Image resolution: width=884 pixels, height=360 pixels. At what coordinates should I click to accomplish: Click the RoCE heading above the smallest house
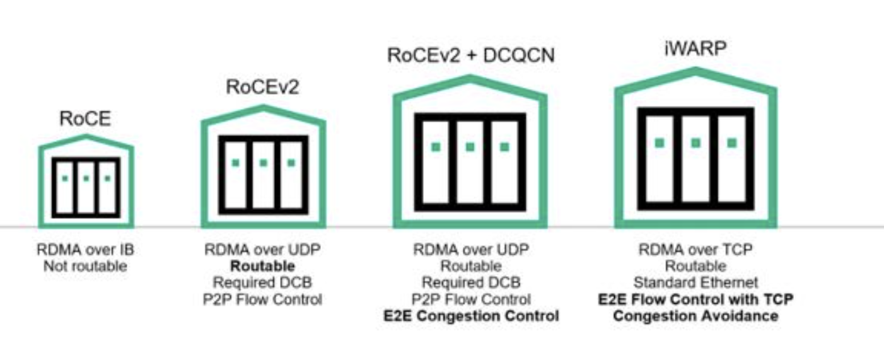(x=85, y=119)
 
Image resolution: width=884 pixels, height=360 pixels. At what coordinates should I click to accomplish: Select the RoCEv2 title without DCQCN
(x=263, y=88)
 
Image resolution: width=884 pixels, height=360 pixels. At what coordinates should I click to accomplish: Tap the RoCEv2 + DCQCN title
(x=470, y=55)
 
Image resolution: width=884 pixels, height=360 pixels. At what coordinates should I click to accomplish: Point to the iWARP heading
(x=695, y=49)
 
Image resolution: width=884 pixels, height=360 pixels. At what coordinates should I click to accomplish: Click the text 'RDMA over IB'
(x=85, y=250)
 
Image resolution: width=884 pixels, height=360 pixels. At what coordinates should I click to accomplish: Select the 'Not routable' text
(x=85, y=266)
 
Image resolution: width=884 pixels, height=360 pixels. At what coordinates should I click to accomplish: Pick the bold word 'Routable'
(x=263, y=266)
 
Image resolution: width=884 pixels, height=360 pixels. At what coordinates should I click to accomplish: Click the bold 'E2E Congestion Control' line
(x=471, y=315)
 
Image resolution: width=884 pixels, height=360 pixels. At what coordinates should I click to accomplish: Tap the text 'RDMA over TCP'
(x=695, y=250)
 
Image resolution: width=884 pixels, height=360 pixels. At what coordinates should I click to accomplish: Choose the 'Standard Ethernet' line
(x=695, y=282)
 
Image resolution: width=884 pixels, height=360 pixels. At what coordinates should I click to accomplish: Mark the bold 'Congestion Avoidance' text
(x=695, y=315)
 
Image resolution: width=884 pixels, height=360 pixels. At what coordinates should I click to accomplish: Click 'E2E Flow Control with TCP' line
(x=695, y=299)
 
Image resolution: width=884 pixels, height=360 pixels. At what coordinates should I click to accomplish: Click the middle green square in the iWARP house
(x=695, y=143)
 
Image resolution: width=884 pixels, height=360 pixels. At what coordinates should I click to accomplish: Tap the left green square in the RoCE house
(x=65, y=178)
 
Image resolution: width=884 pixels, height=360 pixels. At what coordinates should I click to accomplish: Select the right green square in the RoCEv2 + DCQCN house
(x=504, y=147)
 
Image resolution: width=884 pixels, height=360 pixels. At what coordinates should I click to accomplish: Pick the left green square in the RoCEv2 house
(x=235, y=163)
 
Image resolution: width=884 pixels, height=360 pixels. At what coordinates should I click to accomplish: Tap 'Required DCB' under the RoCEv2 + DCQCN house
(x=471, y=282)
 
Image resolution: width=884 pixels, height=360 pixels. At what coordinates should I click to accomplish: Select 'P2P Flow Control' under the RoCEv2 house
(x=263, y=299)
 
